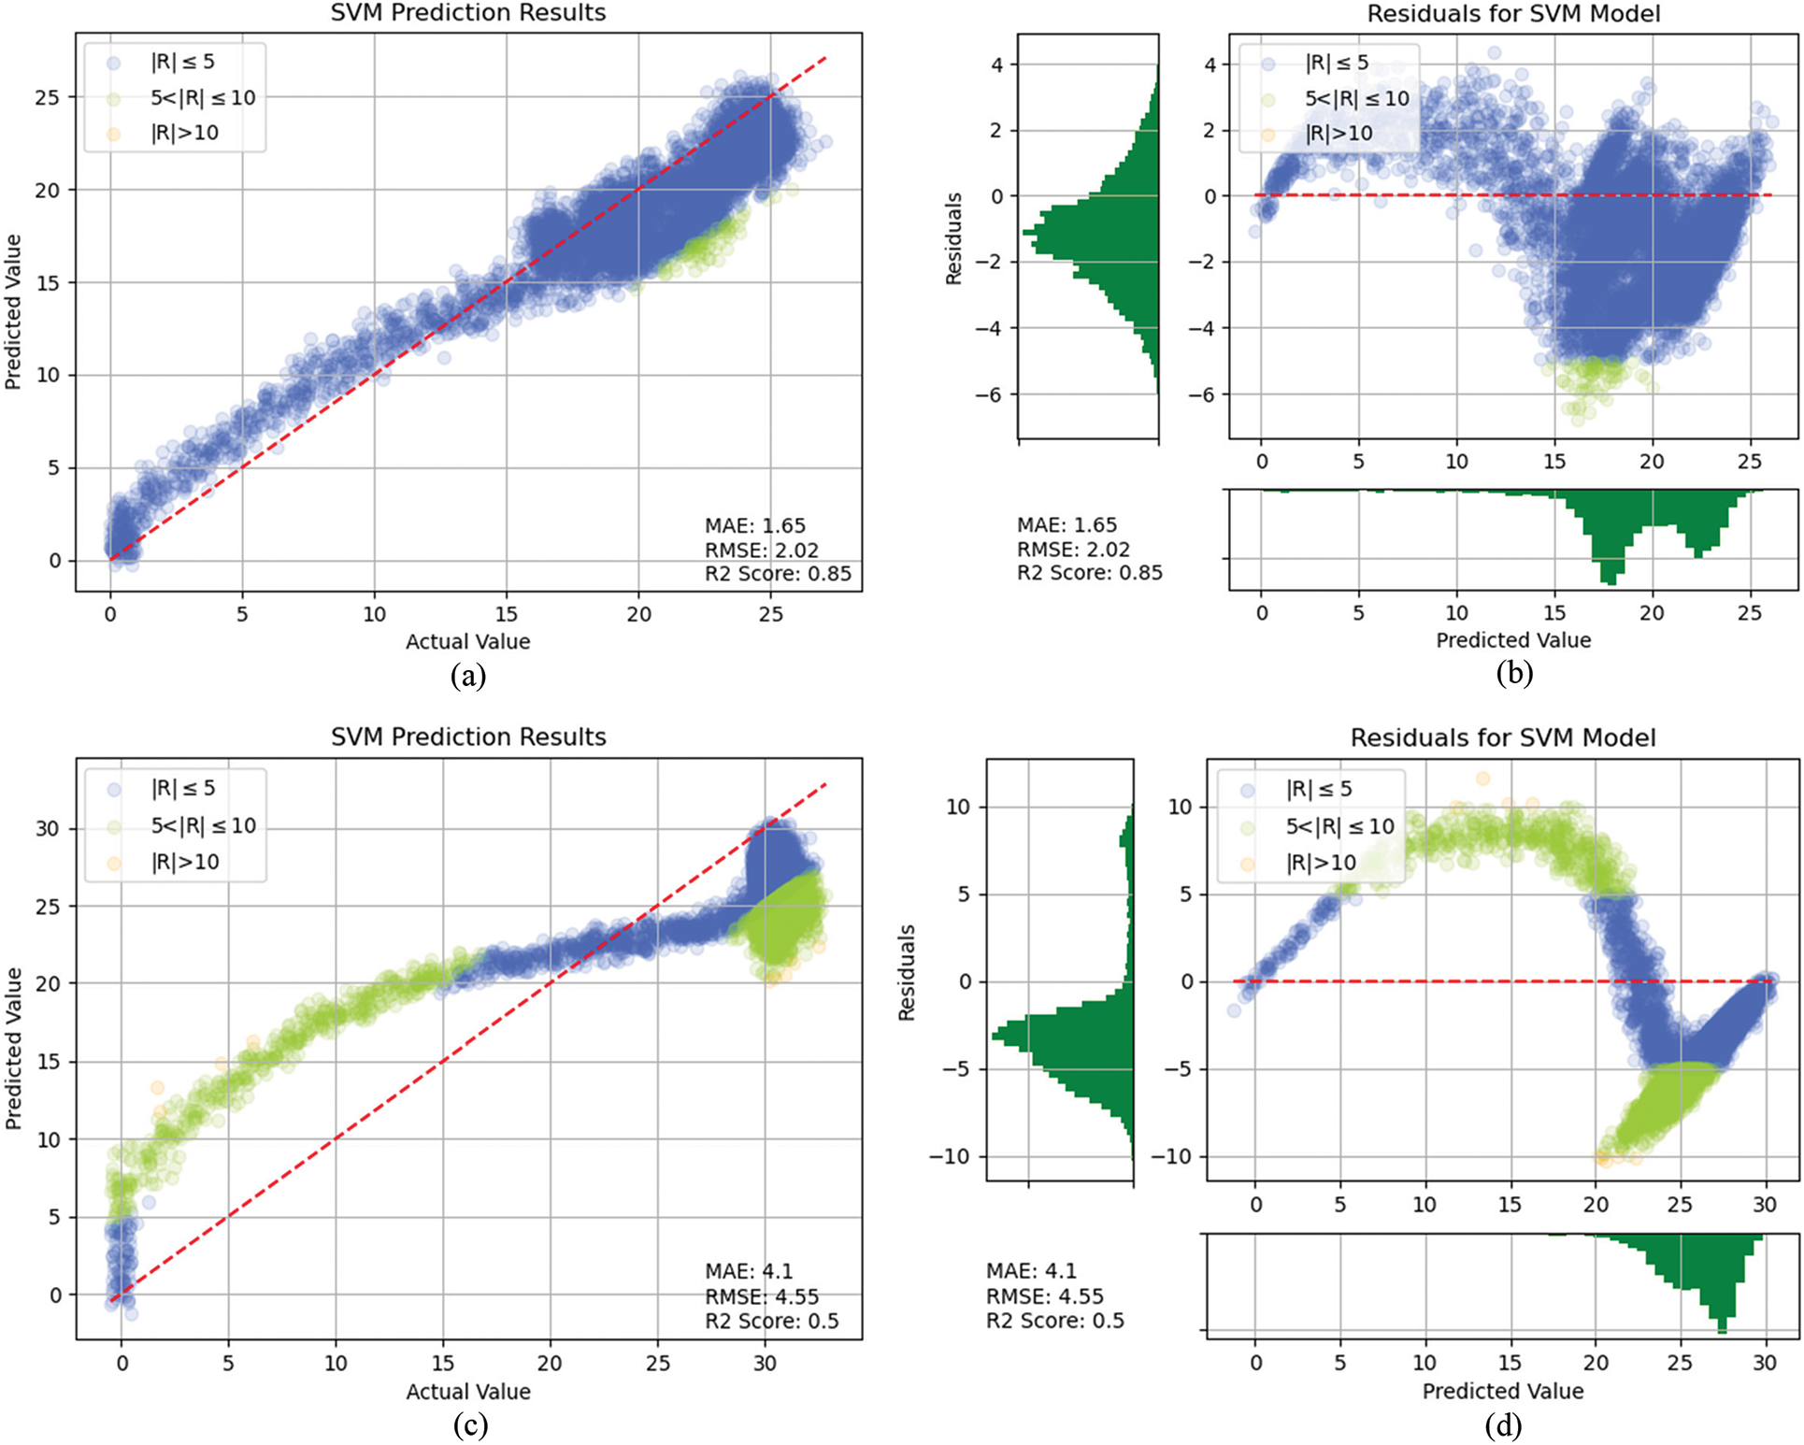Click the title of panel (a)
click(468, 13)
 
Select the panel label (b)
click(1513, 673)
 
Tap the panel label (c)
click(469, 1424)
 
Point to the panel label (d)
click(1502, 1424)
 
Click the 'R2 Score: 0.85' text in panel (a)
click(778, 573)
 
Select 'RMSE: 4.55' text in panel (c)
click(761, 1296)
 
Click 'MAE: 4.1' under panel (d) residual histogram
click(1031, 1271)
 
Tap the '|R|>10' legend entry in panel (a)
click(184, 133)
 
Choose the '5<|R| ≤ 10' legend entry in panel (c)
click(203, 825)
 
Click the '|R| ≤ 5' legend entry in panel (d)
click(1319, 789)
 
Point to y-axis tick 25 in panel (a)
click(48, 97)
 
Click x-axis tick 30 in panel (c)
click(765, 1363)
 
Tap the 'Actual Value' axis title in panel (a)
click(467, 641)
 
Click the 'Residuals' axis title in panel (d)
click(906, 972)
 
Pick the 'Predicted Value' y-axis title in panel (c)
click(13, 1048)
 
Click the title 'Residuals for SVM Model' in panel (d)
click(1502, 737)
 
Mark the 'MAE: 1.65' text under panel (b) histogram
click(1067, 525)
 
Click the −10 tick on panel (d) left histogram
click(949, 1156)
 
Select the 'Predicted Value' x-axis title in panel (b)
click(1512, 640)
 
